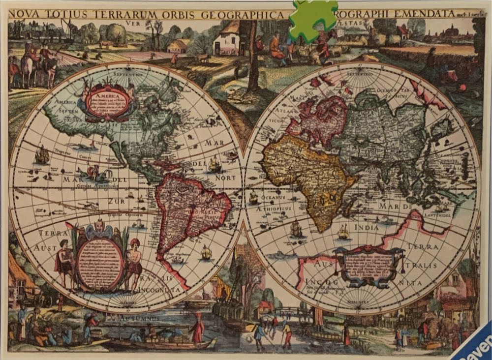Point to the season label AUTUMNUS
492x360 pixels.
(x=144, y=319)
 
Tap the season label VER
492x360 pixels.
(x=130, y=23)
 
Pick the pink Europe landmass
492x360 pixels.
(x=317, y=118)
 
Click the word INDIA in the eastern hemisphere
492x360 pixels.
(x=367, y=228)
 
